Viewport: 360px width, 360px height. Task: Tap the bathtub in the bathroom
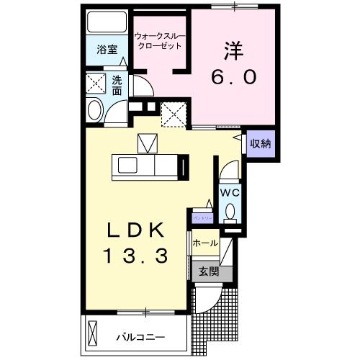[x=106, y=23]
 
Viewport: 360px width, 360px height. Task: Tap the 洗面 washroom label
[x=117, y=86]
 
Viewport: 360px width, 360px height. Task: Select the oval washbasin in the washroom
[x=94, y=110]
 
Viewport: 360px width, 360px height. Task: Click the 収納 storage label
[x=259, y=143]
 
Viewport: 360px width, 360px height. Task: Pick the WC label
[x=230, y=192]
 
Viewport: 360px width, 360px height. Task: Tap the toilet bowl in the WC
[x=230, y=211]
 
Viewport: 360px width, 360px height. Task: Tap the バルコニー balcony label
[x=141, y=337]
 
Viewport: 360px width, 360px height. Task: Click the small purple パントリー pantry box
[x=201, y=216]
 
